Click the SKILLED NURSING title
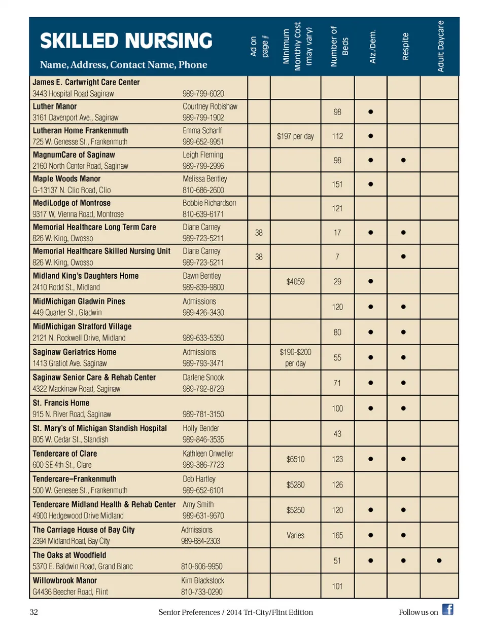(x=126, y=41)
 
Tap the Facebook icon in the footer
(x=447, y=609)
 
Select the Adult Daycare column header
(x=440, y=46)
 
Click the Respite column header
(x=405, y=46)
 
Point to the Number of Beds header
(x=339, y=46)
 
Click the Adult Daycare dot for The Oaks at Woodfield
(x=439, y=561)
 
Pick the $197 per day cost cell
(x=295, y=136)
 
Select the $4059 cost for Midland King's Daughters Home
(x=295, y=282)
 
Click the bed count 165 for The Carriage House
(x=337, y=536)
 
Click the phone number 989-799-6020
(x=203, y=94)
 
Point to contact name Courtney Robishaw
(x=210, y=106)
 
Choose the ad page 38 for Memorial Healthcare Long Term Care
(x=259, y=233)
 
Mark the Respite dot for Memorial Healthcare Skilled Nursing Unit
(x=403, y=256)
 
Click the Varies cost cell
(x=295, y=536)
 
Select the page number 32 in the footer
(x=33, y=612)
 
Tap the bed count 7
(x=337, y=257)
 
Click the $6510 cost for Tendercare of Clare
(x=295, y=460)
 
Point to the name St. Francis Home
(x=61, y=403)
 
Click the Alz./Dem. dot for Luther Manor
(x=371, y=112)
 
